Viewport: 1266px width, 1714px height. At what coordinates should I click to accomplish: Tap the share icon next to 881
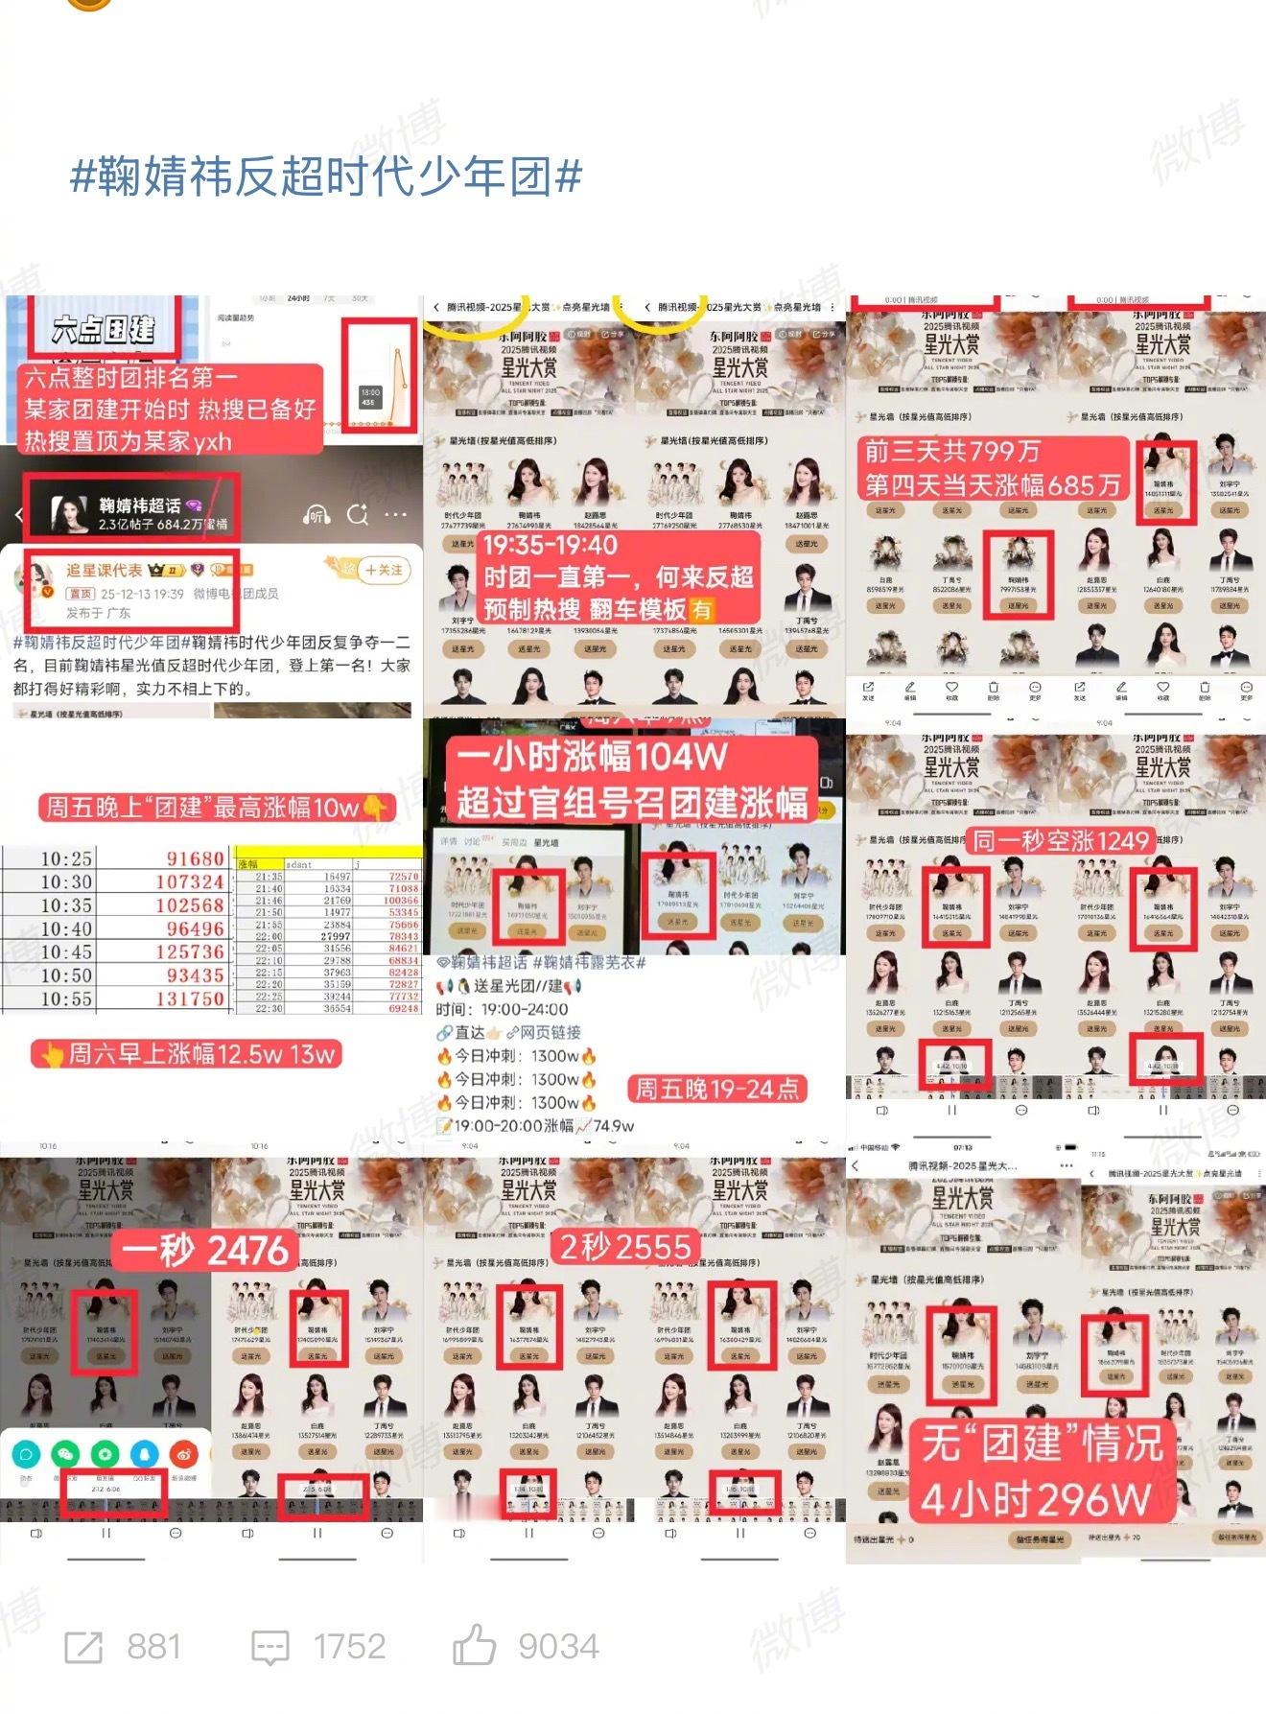click(83, 1648)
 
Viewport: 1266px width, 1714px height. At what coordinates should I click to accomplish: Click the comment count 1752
click(349, 1647)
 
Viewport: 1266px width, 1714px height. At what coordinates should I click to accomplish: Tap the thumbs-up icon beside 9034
click(474, 1646)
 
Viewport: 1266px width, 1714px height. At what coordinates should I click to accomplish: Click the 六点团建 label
click(103, 330)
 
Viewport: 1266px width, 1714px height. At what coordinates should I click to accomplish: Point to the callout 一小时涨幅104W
click(591, 758)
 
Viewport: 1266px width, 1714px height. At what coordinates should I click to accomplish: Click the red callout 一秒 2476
click(204, 1251)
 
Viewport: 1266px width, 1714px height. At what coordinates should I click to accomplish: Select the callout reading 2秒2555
click(624, 1246)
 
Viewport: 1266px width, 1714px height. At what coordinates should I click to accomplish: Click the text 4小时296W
click(1036, 1500)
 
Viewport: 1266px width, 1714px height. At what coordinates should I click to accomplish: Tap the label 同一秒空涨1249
click(1060, 841)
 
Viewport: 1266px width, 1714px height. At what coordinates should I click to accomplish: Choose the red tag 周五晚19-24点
click(717, 1089)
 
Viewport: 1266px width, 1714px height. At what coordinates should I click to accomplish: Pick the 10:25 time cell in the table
click(66, 858)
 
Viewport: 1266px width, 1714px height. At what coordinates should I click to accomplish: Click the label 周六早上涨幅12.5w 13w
click(187, 1054)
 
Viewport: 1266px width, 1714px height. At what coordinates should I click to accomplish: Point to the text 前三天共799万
click(951, 451)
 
